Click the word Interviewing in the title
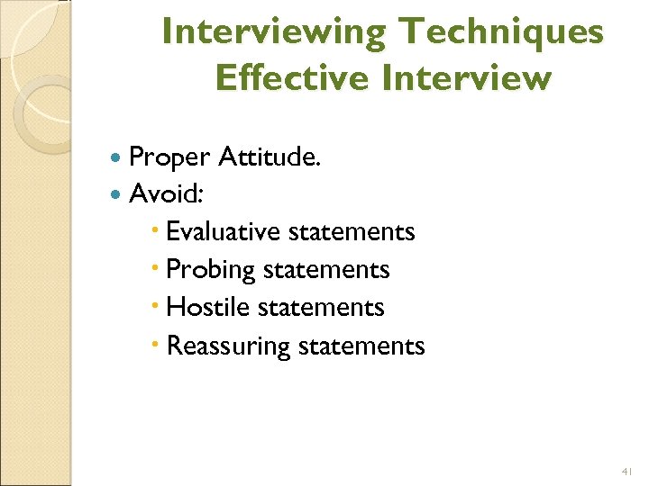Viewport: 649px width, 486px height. [x=274, y=32]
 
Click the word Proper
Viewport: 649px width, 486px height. [x=170, y=158]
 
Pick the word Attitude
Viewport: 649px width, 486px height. [x=270, y=157]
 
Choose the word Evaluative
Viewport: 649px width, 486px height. [x=224, y=231]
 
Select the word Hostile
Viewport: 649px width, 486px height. [x=206, y=307]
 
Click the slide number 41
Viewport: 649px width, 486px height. [x=627, y=471]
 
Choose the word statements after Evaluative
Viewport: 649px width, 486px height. [x=352, y=231]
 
